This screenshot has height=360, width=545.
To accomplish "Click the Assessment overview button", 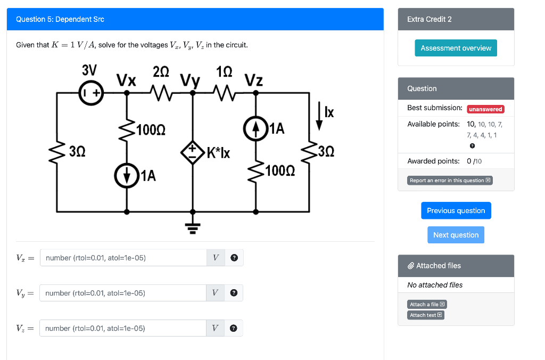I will [x=456, y=48].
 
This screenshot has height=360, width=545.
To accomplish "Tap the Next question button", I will [x=456, y=235].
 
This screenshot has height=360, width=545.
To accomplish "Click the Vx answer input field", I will [x=123, y=258].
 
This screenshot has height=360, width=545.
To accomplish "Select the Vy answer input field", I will [x=123, y=293].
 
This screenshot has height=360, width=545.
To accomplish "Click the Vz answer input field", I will [x=123, y=328].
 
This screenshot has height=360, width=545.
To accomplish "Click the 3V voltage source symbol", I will [x=91, y=93].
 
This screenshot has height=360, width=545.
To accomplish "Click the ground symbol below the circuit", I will [x=192, y=228].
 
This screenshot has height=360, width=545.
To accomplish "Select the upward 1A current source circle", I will [x=255, y=128].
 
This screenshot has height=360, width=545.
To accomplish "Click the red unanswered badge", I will [x=485, y=109].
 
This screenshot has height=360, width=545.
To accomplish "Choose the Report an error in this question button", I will [x=450, y=181].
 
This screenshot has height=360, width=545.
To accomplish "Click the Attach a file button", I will [x=427, y=305].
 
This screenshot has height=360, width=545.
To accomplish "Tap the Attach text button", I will [x=426, y=315].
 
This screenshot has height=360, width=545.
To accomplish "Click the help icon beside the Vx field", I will [x=234, y=258].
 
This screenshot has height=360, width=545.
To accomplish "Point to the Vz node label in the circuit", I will [x=254, y=80].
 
